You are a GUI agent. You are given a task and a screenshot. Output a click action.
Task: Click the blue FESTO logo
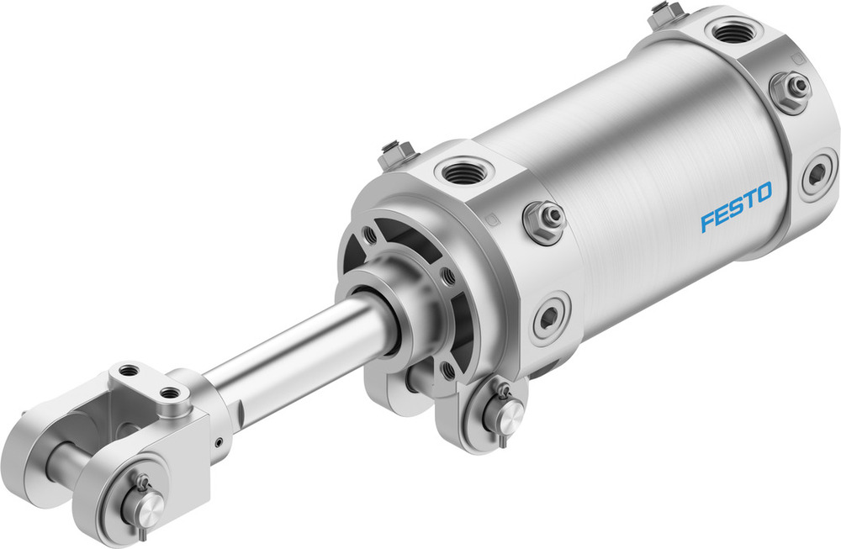point(736,209)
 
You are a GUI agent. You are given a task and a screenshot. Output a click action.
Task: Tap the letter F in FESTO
point(708,222)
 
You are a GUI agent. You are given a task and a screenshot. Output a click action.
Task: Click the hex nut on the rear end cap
point(791,87)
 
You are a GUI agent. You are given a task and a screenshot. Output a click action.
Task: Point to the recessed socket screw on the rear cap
point(817,176)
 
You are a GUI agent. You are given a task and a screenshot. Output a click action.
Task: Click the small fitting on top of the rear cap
point(667,13)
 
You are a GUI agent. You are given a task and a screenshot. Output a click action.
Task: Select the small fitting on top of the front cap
point(395,154)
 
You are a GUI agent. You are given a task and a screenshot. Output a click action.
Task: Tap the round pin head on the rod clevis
point(149,506)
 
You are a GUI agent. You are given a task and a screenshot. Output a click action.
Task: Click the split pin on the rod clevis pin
point(139,485)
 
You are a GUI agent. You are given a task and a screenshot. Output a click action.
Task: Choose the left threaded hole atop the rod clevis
point(128,371)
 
